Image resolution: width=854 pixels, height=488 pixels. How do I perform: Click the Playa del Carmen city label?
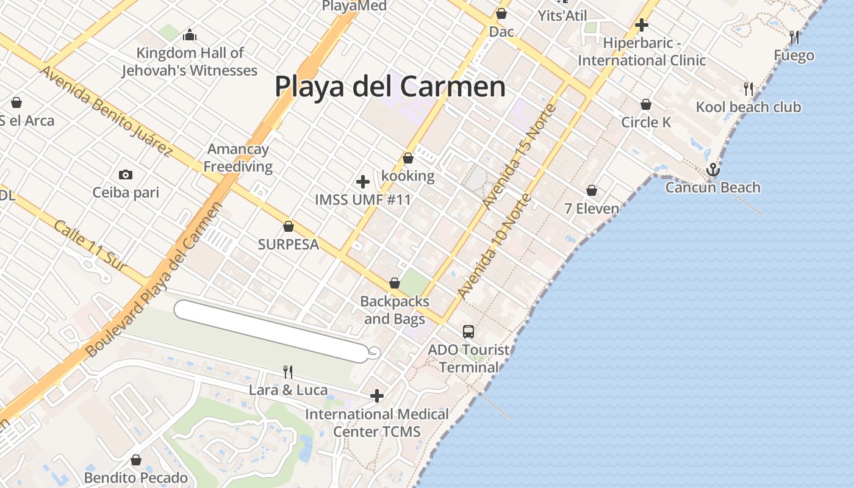(390, 87)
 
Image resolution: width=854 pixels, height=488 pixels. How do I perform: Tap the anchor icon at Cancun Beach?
(712, 169)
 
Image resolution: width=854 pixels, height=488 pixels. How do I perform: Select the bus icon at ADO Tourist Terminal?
(468, 331)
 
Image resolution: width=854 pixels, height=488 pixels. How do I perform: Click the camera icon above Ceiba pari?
(126, 175)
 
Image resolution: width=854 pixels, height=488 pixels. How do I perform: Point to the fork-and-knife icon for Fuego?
(794, 37)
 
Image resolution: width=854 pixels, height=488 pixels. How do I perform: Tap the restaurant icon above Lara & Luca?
(288, 371)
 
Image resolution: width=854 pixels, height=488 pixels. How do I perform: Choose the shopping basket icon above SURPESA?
(289, 227)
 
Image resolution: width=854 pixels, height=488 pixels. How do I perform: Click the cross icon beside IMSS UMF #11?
(363, 181)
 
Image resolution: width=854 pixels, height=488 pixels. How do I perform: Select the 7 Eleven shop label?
(591, 209)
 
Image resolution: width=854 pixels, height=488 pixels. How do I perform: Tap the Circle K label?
(646, 122)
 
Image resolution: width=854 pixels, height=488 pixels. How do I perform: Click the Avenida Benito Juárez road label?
(104, 110)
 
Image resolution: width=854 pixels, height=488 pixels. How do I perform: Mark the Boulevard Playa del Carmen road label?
(155, 279)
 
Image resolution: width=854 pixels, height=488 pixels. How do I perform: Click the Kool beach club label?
(748, 107)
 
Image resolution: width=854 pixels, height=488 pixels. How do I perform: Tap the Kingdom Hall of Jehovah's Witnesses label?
(189, 62)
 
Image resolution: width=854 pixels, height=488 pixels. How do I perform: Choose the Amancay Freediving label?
(238, 157)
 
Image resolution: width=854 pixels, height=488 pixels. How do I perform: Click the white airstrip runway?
(271, 331)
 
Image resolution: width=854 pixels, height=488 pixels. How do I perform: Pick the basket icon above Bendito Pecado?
(136, 459)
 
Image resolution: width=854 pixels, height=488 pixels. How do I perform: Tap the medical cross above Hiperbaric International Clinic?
(641, 25)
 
